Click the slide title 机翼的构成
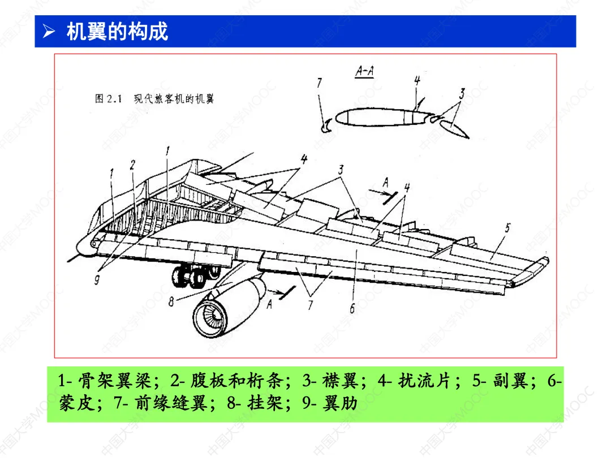click(x=117, y=31)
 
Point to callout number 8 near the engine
click(x=171, y=302)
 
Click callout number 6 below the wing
click(x=352, y=308)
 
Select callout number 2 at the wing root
click(x=132, y=165)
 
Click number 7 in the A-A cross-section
click(x=320, y=83)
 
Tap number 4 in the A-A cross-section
click(x=417, y=80)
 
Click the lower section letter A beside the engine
click(x=269, y=304)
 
